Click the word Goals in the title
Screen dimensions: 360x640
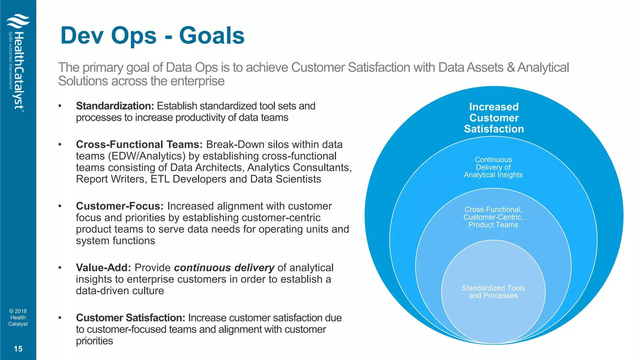point(212,36)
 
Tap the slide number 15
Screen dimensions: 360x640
point(18,349)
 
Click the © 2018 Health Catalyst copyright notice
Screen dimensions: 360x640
point(18,317)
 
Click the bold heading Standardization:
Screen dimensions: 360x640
point(115,106)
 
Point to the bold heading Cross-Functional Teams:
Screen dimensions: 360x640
point(139,144)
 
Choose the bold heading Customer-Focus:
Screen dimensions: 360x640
point(120,206)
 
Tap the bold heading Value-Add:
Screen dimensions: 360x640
point(103,267)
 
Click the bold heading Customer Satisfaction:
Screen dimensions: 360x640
point(131,317)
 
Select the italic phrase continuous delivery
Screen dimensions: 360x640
point(224,267)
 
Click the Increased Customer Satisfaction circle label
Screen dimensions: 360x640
point(494,118)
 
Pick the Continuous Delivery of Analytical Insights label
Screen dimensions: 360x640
point(493,167)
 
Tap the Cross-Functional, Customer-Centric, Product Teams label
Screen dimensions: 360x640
point(493,217)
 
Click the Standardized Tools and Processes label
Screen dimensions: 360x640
point(493,292)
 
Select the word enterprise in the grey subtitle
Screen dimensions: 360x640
point(197,81)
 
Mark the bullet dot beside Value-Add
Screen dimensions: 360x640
point(60,267)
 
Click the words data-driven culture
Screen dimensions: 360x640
point(120,291)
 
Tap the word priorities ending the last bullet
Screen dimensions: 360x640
point(94,341)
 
